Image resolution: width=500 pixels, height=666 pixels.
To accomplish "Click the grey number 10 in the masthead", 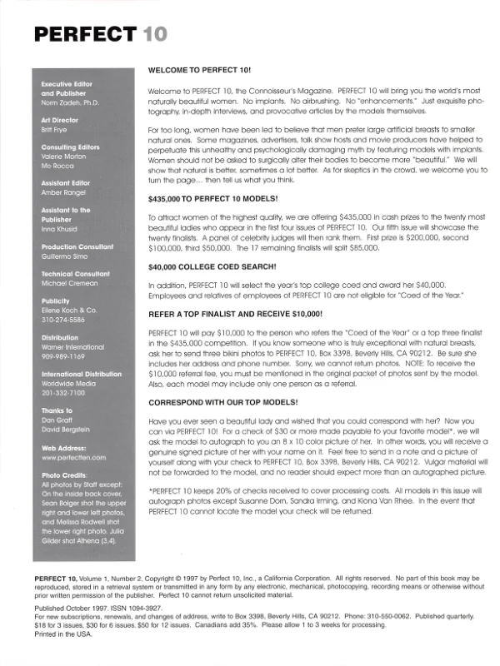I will coord(153,33).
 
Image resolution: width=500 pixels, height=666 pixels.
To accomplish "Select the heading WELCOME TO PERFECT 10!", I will coord(198,71).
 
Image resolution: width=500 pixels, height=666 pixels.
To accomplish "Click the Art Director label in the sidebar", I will coord(59,121).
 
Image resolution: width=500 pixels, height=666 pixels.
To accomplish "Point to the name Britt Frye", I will coord(55,130).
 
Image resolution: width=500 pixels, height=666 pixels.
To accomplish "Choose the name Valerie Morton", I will coord(63,157).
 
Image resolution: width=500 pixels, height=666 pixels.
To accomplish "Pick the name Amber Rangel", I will coord(62,192).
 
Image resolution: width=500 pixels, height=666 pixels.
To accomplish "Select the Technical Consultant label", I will coord(76,274).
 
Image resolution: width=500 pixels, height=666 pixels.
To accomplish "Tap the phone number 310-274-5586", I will coord(63,318).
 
